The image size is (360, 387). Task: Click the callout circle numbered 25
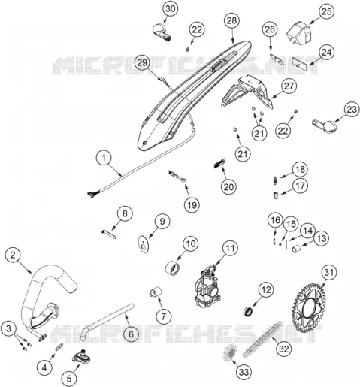[327, 11]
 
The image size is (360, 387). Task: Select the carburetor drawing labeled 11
[208, 286]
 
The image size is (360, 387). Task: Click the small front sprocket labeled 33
[230, 352]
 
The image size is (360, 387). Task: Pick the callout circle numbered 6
[131, 334]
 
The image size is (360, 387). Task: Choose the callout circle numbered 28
[231, 20]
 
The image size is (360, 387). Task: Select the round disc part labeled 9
[144, 243]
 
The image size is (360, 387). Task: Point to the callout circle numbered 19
[192, 205]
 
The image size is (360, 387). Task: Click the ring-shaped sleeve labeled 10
[173, 268]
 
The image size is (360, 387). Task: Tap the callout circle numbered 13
[321, 238]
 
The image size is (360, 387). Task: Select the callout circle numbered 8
[125, 213]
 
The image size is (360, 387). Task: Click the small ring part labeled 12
[249, 311]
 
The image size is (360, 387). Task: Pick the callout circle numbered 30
[171, 9]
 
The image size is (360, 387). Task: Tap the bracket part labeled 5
[82, 357]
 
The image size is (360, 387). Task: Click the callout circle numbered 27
[289, 86]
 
